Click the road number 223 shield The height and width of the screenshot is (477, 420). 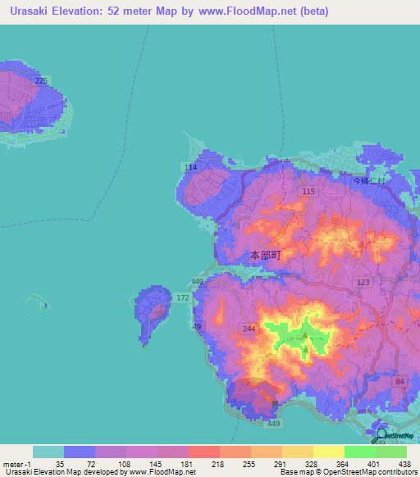(42, 79)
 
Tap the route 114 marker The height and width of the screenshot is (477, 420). (191, 167)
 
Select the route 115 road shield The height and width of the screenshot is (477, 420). (308, 191)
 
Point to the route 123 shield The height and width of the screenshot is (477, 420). (363, 281)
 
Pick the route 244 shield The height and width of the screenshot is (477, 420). (249, 329)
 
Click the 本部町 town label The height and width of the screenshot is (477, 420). (265, 255)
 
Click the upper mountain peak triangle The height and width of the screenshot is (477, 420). (305, 335)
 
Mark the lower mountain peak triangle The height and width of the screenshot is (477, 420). (305, 350)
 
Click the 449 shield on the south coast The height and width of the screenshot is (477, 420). (272, 424)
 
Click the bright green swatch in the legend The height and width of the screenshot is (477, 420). (359, 452)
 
